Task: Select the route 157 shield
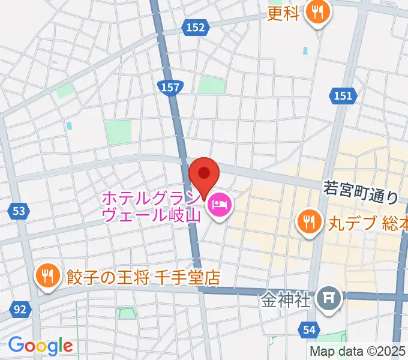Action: point(170,88)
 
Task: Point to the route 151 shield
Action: point(344,95)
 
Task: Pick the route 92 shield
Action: point(20,310)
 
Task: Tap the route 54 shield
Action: point(309,329)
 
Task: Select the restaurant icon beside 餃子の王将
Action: point(47,276)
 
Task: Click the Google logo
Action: point(40,345)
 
